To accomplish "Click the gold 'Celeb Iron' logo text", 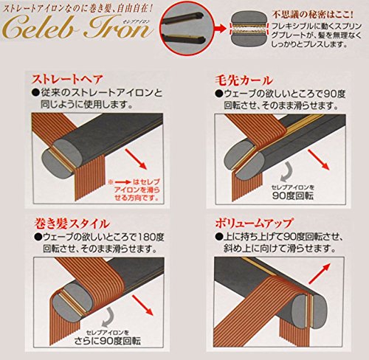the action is pos(77,27).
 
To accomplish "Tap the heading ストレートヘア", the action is pos(67,79).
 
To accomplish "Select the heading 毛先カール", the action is pos(244,80).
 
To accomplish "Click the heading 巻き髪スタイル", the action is pos(72,224).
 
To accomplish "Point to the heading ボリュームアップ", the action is pos(254,223).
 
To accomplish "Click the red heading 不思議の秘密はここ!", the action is pos(312,14).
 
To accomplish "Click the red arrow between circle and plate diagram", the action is pos(221,29).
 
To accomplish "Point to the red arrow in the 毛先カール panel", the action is pos(319,159).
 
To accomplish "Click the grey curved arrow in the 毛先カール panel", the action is pos(286,172).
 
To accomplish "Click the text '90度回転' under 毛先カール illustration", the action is pos(293,196).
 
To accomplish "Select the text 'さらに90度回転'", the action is pos(108,341).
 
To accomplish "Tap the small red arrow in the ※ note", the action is pos(122,182).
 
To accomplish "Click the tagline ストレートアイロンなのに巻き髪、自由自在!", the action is pos(77,9).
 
